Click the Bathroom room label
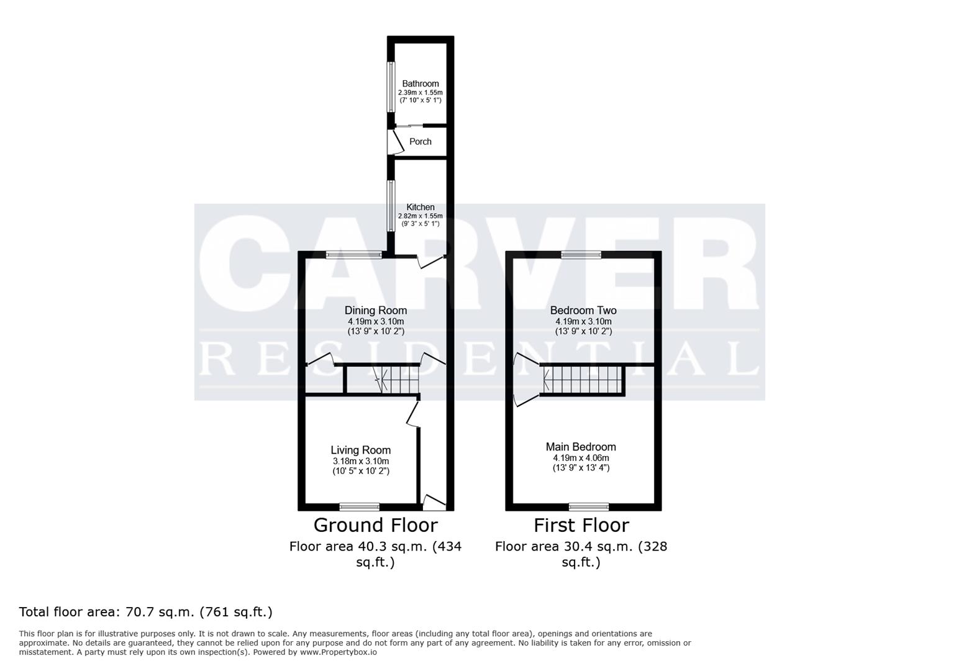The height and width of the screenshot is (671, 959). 420,83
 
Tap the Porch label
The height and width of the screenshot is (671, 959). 420,142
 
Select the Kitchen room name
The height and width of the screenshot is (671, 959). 420,207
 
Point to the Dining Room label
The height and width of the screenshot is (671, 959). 376,310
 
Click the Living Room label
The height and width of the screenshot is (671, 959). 361,450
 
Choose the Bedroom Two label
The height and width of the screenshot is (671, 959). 583,310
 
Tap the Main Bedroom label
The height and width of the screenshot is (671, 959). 581,447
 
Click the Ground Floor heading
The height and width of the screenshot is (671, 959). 375,526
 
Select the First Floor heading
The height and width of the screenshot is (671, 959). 581,526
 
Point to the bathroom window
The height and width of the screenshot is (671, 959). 391,87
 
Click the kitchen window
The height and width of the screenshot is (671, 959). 391,206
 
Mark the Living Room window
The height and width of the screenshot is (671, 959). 359,506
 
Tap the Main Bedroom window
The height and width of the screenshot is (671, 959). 589,506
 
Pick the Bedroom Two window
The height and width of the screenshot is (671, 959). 581,254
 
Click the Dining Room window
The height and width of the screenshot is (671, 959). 355,254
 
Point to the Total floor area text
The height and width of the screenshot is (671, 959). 146,612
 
